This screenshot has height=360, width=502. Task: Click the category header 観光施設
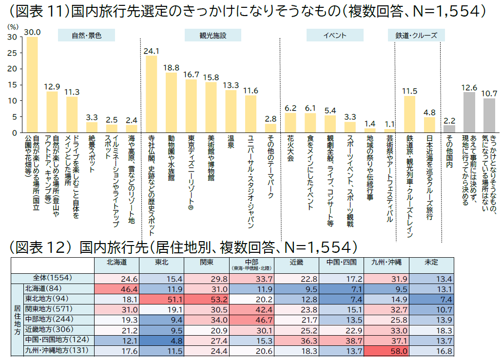(x=213, y=36)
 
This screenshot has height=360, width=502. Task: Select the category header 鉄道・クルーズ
(x=412, y=36)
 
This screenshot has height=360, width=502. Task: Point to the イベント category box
(x=334, y=36)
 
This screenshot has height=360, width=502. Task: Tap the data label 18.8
(x=171, y=67)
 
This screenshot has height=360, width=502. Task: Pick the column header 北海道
(x=117, y=262)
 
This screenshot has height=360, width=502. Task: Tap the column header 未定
(x=431, y=262)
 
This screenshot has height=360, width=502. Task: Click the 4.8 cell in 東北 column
(x=162, y=339)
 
